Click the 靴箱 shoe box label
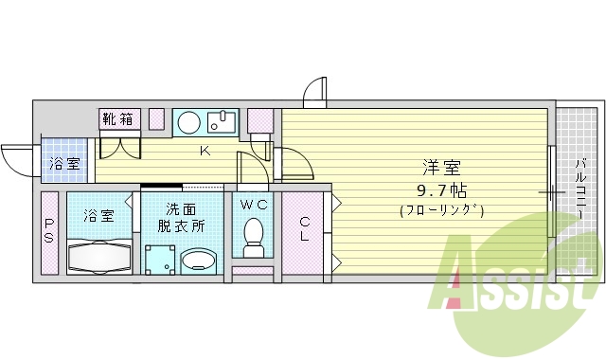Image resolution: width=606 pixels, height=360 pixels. [120, 119]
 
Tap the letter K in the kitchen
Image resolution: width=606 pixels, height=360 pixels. [205, 151]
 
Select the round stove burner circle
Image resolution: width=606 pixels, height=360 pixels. [189, 120]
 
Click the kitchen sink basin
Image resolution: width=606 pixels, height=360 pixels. [223, 120]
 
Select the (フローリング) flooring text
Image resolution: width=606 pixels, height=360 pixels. [441, 210]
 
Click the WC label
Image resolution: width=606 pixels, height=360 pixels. [252, 205]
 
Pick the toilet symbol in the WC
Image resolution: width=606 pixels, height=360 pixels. [253, 237]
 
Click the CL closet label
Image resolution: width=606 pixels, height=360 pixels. [305, 228]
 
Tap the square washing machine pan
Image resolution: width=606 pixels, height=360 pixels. [160, 260]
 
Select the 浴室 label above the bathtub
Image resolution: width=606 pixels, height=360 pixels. [98, 215]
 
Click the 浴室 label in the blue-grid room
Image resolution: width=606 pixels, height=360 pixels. [64, 163]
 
